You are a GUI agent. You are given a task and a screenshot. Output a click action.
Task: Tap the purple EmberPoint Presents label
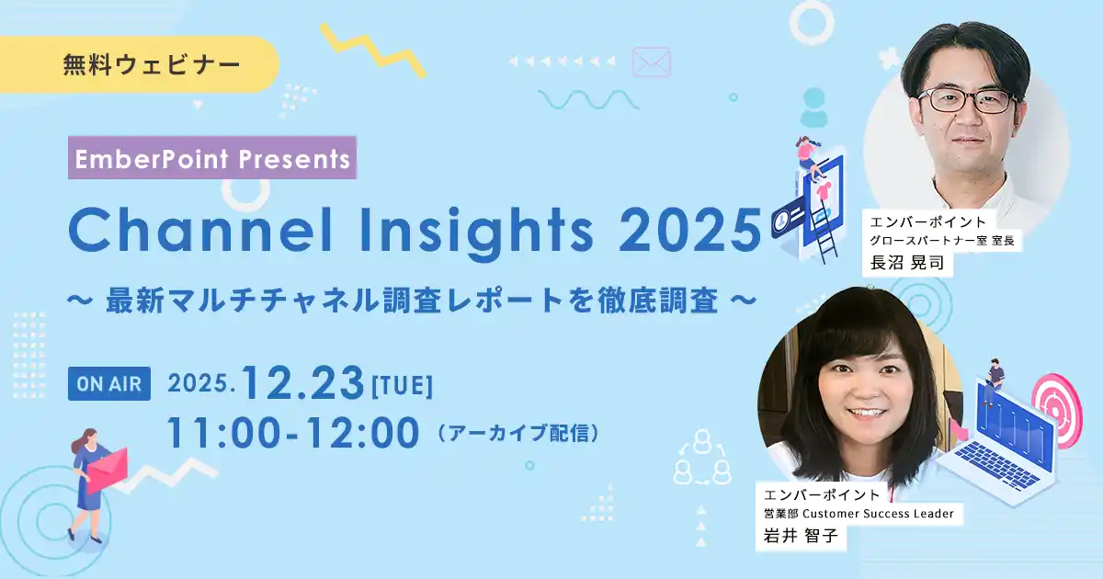click(213, 158)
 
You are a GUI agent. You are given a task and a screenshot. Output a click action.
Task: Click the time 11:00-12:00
click(292, 433)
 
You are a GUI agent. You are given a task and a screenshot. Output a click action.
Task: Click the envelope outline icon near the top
click(652, 62)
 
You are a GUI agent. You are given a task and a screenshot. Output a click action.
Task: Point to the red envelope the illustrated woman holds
click(107, 470)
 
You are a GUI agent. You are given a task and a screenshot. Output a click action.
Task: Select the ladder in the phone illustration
click(823, 234)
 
